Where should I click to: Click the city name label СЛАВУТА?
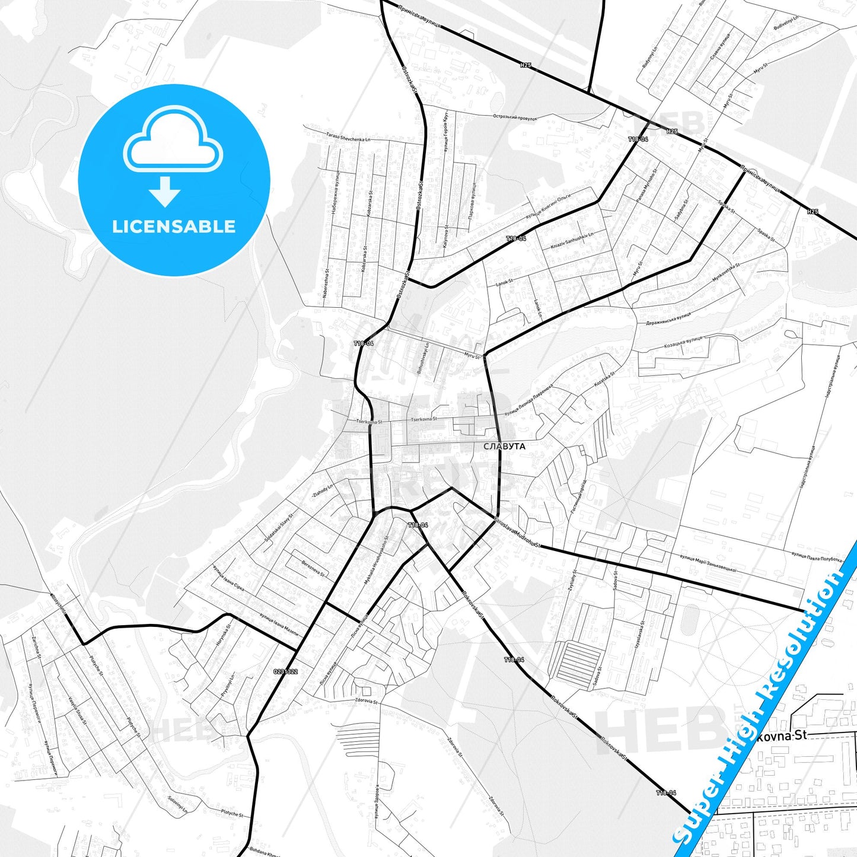click(504, 447)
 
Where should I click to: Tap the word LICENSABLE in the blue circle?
click(174, 227)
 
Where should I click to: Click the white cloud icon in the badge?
click(173, 141)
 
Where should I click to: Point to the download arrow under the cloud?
click(165, 192)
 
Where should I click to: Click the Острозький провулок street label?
click(515, 118)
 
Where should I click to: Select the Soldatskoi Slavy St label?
click(279, 530)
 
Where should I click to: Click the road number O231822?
click(285, 671)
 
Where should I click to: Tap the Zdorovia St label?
click(366, 702)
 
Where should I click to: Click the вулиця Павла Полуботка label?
click(817, 557)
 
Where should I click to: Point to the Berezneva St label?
click(313, 568)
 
